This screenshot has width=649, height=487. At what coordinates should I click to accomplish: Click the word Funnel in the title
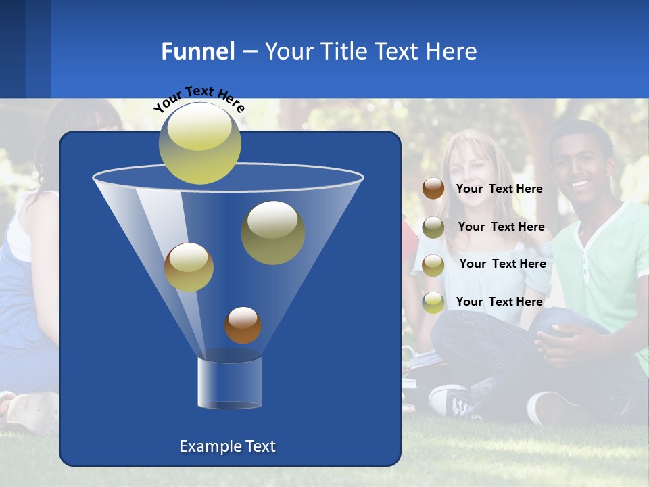coord(197,51)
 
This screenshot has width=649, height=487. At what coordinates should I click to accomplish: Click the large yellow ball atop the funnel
coord(199,143)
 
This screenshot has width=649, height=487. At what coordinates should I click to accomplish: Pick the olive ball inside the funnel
coord(272,233)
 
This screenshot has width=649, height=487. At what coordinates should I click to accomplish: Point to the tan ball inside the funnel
coord(189,267)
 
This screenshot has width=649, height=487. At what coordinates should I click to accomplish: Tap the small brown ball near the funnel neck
coord(243,325)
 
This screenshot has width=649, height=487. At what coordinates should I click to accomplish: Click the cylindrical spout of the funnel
coord(230,383)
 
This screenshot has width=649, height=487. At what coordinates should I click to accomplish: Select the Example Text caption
coord(227,446)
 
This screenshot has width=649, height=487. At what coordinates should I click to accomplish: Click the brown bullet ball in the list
coord(433,189)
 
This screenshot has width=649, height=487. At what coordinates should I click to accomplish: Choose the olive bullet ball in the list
coord(433,227)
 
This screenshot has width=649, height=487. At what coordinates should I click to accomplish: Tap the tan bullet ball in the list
coord(433,264)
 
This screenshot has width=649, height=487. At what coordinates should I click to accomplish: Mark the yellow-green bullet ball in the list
coord(433,302)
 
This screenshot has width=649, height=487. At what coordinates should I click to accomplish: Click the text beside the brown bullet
coord(499,189)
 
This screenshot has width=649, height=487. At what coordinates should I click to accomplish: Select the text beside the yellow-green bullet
coord(499,302)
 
